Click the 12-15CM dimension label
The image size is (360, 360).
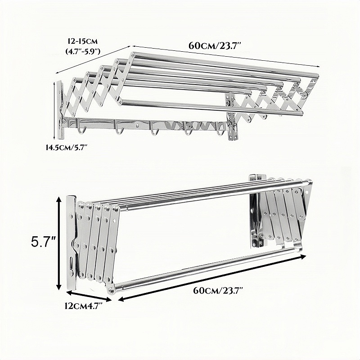click(x=83, y=41)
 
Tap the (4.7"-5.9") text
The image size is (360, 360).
click(x=83, y=51)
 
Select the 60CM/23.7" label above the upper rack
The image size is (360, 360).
click(x=215, y=45)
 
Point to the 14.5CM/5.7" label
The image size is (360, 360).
click(x=67, y=148)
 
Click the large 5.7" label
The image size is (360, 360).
click(x=44, y=242)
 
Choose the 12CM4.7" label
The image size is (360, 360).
click(x=83, y=306)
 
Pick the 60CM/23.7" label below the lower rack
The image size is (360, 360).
click(x=218, y=291)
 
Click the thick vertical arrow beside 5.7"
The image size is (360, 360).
click(x=59, y=244)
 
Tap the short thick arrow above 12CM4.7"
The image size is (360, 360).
click(x=89, y=296)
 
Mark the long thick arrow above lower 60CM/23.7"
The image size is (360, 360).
click(x=211, y=278)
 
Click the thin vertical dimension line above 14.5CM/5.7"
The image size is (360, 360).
click(x=54, y=111)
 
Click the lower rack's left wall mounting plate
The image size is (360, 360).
click(x=71, y=242)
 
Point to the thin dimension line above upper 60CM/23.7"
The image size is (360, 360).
click(x=225, y=56)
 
